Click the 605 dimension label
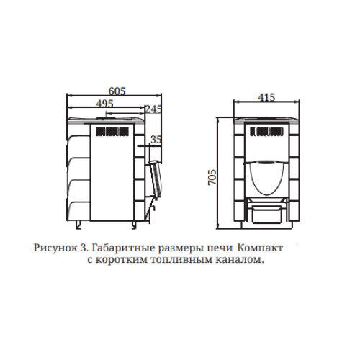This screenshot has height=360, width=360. (x=117, y=91)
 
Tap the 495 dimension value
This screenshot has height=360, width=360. (x=104, y=104)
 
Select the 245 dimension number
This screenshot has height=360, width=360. (x=153, y=109)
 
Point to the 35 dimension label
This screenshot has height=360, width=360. (x=156, y=140)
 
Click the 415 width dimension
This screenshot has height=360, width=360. (x=266, y=97)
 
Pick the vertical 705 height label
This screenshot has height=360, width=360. (x=212, y=177)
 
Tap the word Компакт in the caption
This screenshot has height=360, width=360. (x=260, y=248)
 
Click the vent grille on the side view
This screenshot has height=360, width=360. (x=112, y=132)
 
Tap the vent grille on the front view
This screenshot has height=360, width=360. (x=266, y=132)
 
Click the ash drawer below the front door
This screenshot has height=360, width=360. (x=266, y=214)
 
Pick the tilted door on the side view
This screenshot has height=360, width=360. (x=156, y=179)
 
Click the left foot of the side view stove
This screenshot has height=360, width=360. (x=78, y=225)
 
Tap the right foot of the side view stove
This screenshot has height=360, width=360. (x=134, y=225)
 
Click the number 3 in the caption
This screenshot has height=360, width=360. (x=81, y=248)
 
